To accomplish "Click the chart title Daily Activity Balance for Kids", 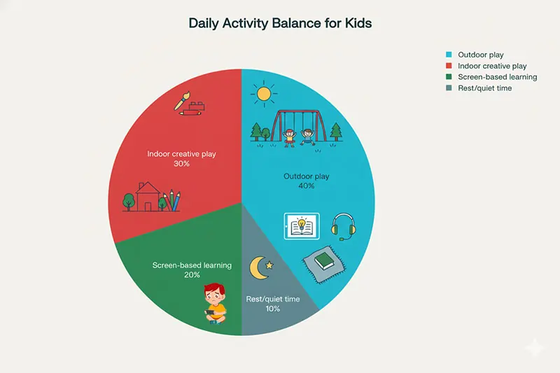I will (x=280, y=23).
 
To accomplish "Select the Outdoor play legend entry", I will (x=479, y=55).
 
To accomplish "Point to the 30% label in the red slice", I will (x=181, y=164).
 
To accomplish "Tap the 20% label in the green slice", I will (x=192, y=275).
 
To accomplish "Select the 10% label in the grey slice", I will (x=273, y=309).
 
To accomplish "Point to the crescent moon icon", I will (x=258, y=267).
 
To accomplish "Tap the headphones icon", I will (x=343, y=226).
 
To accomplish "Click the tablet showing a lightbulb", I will (x=300, y=227).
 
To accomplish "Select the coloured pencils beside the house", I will (x=172, y=199).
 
